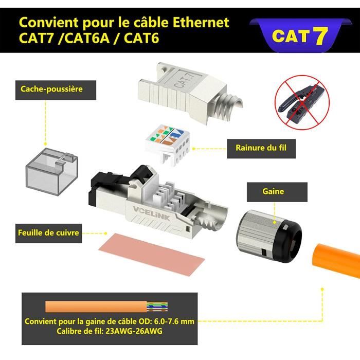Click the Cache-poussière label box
pos(51,89)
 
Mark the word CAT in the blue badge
pos(290,37)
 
